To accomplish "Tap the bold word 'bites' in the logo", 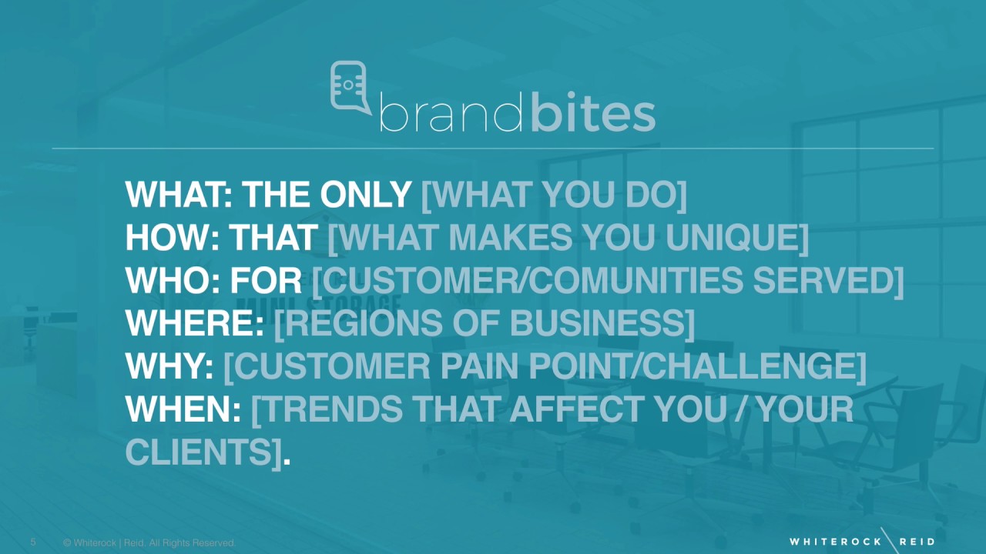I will click(592, 115).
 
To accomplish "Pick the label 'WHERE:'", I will click(195, 324).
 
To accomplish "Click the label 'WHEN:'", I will click(183, 410).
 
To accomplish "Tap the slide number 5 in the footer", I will click(33, 542).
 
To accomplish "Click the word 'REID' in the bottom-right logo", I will click(917, 542).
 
